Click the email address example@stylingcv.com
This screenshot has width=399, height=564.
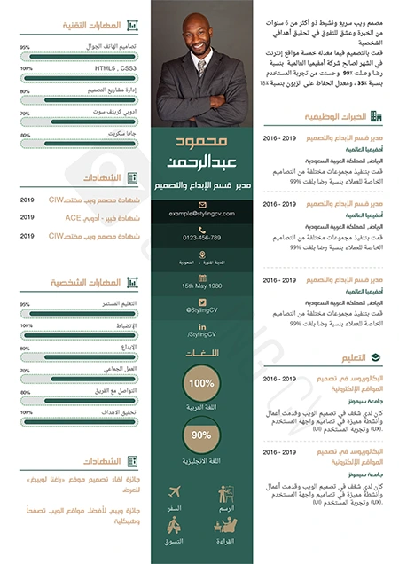coord(201,214)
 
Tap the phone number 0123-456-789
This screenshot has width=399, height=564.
coord(201,238)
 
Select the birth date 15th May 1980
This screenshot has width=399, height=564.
coord(201,286)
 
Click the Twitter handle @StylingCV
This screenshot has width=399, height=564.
coord(201,310)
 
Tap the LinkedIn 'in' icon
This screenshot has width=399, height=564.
coord(201,325)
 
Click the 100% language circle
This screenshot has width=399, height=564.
coord(201,383)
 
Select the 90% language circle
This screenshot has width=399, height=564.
coord(201,435)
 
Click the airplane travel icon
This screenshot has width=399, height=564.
coord(174,491)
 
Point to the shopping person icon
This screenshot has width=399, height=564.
coord(174,525)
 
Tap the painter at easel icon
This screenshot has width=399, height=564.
coord(226,493)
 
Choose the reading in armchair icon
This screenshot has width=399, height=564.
coord(226,525)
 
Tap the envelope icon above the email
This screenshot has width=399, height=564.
coord(201,203)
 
